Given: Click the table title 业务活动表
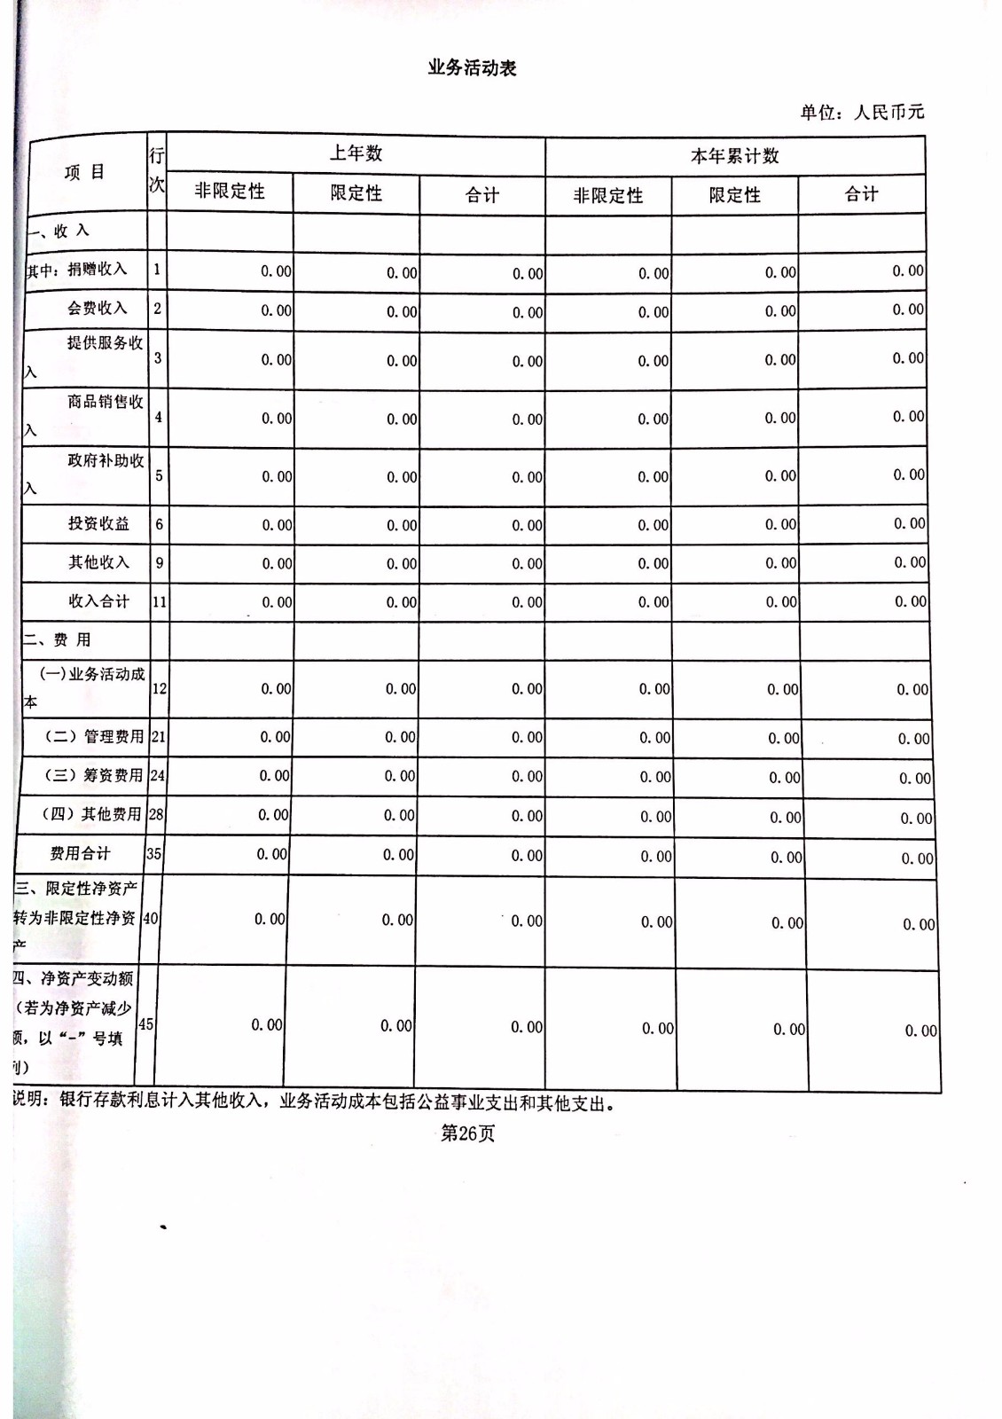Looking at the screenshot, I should point(472,68).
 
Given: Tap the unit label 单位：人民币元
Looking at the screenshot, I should point(861,112).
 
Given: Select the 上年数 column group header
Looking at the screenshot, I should point(356,153).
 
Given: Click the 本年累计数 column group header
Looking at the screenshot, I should point(734,156).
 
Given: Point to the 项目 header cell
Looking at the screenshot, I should point(84,172).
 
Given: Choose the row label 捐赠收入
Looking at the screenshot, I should point(97,269).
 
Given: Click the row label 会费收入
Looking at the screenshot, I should point(97,308).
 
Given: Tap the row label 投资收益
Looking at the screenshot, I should point(98,523).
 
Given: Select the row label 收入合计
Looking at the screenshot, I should point(98,601).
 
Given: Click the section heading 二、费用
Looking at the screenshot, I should point(58,639).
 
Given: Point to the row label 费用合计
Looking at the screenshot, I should point(80,853).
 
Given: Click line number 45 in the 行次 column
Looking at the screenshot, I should point(145,1023).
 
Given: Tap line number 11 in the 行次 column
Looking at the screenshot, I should point(159,601).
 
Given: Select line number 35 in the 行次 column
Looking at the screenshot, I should point(153,853).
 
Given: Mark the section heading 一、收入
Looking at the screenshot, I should point(59,231).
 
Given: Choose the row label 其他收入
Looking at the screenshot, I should point(98,562).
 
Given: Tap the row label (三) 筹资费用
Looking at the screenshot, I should point(93,775).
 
